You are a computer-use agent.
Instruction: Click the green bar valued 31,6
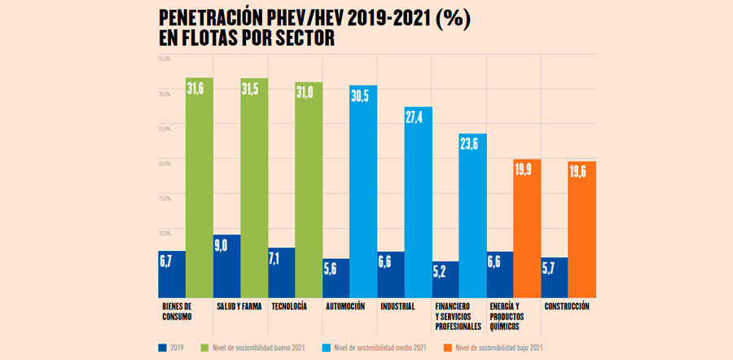[200, 187]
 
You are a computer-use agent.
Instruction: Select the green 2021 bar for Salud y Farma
[254, 187]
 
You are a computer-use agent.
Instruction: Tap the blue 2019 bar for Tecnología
[281, 272]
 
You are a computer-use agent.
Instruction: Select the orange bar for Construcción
[582, 229]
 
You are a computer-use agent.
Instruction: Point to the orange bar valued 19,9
[527, 228]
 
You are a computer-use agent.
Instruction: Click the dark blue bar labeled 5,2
[445, 279]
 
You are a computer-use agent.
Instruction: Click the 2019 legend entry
[173, 348]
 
